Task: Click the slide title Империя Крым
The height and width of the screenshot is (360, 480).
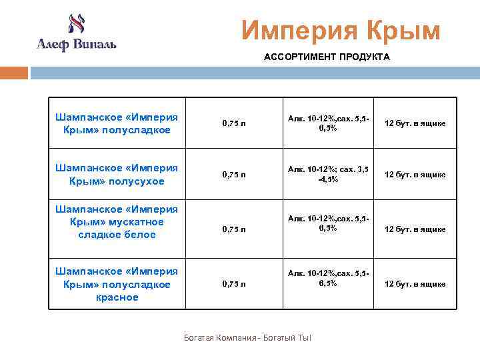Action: point(341,30)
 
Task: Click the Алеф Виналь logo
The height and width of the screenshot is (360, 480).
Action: point(76,33)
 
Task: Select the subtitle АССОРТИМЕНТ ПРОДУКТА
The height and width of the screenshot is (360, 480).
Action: point(327,57)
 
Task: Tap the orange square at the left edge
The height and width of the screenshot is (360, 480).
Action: point(13,73)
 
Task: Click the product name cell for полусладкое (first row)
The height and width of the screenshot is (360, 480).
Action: point(117,123)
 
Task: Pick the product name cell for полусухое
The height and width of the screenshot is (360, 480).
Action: point(117,174)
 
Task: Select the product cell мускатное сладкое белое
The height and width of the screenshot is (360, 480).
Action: point(117,222)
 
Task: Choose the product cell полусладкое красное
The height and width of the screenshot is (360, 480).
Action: point(117,284)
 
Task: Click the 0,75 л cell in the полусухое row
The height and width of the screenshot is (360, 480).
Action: point(234,175)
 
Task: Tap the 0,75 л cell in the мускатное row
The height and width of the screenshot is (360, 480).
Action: point(234,229)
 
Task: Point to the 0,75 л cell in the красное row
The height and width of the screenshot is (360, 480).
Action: point(234,284)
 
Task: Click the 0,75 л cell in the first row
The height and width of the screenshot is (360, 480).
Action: point(234,124)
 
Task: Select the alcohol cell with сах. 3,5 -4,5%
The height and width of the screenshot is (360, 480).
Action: point(327,175)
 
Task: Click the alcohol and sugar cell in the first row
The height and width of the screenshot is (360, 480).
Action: point(327,123)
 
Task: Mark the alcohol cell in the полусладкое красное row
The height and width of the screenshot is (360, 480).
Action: point(327,278)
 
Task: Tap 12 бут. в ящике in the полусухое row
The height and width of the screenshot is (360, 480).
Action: point(415,175)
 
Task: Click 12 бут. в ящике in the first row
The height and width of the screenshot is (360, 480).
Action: point(415,124)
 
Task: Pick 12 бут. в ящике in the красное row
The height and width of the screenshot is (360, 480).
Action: point(415,284)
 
